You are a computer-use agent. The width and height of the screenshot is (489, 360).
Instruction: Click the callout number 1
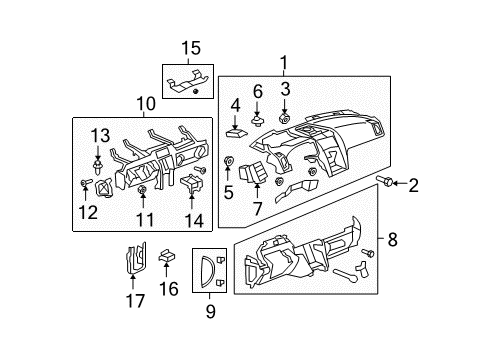pos(287,63)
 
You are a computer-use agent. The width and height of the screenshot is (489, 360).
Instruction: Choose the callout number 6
pos(257,91)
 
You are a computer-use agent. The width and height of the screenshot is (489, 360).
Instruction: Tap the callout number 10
pos(145,103)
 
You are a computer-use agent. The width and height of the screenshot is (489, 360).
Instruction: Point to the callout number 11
pos(145,217)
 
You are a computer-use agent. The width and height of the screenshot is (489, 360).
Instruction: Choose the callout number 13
pos(99,136)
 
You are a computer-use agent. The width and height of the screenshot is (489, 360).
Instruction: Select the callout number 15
pos(190,48)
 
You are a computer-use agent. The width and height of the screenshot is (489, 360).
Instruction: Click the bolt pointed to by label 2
pos(383,182)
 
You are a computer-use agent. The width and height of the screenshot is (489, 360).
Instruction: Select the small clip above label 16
pos(168,257)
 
